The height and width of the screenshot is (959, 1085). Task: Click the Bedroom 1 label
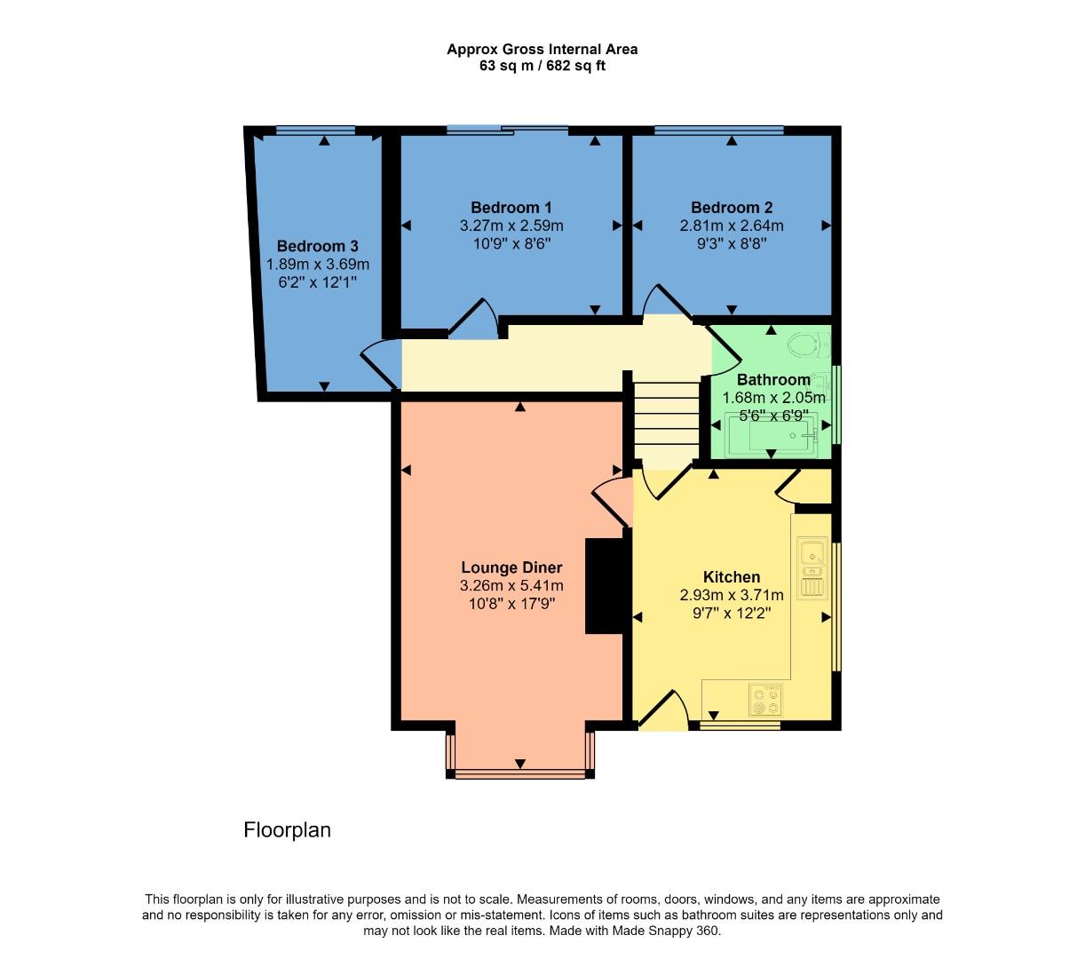511,208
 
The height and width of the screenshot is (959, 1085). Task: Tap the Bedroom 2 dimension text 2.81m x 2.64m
732,226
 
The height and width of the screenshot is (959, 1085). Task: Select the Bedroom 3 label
318,246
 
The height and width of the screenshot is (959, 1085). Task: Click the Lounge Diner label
511,568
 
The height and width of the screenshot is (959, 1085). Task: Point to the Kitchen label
732,577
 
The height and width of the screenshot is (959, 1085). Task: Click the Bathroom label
773,380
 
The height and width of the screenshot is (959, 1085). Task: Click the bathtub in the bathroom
771,436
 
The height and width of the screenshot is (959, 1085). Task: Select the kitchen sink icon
812,567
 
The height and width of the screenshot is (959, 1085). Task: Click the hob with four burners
765,699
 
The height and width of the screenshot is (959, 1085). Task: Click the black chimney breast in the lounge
604,586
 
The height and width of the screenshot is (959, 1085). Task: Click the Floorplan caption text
287,830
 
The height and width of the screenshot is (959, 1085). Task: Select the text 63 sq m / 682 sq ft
542,66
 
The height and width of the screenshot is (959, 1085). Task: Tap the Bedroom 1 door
476,320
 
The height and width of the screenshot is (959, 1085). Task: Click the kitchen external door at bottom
664,710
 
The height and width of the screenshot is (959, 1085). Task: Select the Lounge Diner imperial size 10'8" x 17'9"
511,604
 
